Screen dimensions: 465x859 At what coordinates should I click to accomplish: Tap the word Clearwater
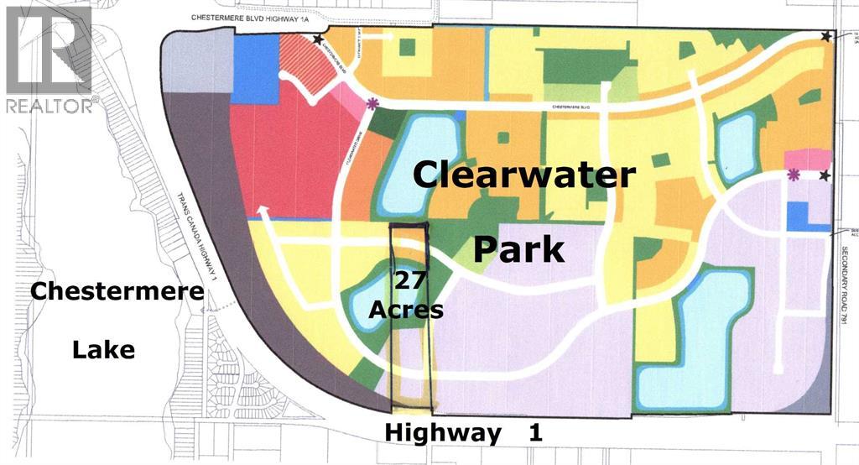(x=523, y=176)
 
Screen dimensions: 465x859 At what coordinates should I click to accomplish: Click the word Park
(x=518, y=249)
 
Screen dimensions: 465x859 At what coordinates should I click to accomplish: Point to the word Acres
(x=407, y=309)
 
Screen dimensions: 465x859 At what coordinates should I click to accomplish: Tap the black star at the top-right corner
(x=827, y=36)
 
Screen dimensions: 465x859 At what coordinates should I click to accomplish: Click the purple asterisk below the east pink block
(x=794, y=175)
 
